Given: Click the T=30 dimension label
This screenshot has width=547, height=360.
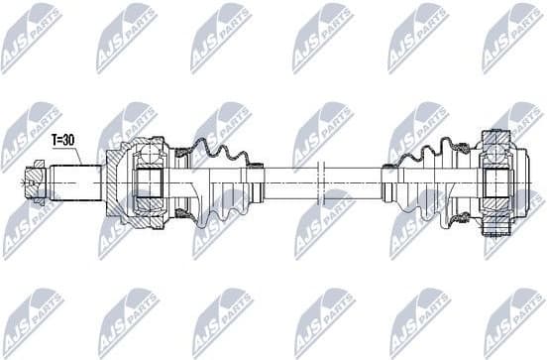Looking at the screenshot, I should tap(64, 140).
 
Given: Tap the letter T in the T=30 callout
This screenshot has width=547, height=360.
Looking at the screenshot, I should tap(55, 140).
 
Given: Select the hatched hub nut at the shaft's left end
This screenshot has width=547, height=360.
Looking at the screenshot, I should tap(34, 181).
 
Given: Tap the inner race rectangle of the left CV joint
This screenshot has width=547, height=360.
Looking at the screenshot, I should tap(149, 182).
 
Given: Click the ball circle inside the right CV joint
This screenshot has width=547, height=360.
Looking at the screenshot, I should tap(494, 151).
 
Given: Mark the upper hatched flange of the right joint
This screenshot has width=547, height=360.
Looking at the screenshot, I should tap(494, 135).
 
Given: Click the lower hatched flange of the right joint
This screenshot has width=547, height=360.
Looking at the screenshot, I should tap(494, 230).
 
